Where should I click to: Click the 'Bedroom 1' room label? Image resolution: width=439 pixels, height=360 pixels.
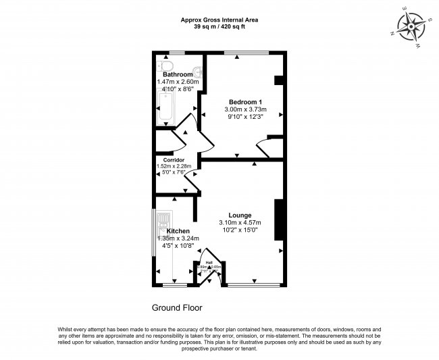tap(245, 101)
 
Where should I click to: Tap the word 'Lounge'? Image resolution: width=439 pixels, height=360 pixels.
tap(240, 215)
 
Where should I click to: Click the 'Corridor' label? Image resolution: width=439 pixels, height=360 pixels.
tap(174, 160)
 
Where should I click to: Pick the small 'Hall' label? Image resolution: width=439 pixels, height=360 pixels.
tap(209, 261)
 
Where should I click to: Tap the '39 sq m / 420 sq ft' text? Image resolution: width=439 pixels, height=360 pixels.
tap(219, 27)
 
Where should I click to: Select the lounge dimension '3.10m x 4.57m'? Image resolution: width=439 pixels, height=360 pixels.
tap(240, 224)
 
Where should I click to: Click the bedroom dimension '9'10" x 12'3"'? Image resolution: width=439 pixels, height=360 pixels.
tap(245, 117)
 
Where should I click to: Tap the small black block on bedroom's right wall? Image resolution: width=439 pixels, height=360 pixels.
tap(278, 80)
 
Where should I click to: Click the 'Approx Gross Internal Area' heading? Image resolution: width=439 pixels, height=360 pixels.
tap(219, 20)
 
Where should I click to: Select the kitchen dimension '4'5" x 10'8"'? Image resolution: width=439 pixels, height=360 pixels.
tap(175, 246)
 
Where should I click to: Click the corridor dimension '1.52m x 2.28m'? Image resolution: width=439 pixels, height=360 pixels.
tap(174, 166)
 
